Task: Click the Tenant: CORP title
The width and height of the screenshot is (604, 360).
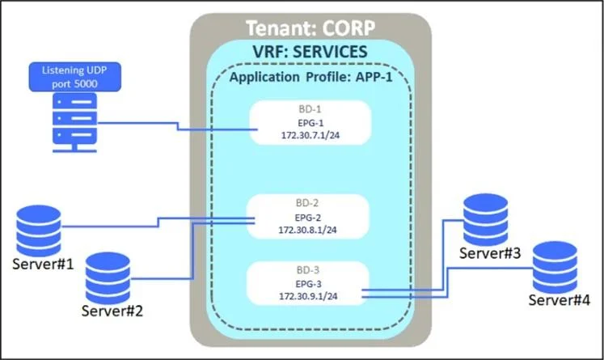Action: (x=310, y=28)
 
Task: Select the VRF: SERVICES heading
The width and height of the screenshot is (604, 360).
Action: (x=310, y=52)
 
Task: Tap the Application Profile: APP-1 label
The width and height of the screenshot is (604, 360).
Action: (x=310, y=77)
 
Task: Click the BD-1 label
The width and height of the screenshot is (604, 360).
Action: (x=310, y=109)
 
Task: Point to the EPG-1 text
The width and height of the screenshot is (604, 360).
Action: (x=310, y=123)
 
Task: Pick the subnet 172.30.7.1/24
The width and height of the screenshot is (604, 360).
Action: (x=310, y=135)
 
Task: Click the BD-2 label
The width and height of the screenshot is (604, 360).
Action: (x=307, y=203)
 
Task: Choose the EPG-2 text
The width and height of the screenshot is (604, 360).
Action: (x=308, y=218)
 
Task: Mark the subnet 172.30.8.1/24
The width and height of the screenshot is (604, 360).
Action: (x=308, y=230)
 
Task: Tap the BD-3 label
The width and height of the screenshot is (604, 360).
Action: (x=308, y=270)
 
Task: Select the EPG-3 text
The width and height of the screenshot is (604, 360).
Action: (x=308, y=284)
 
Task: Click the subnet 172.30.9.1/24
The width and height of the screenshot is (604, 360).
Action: (x=308, y=296)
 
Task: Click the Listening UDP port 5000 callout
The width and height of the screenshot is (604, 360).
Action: (x=74, y=77)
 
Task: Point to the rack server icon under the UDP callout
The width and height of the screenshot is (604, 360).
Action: (x=74, y=123)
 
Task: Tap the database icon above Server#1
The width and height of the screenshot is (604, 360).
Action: (x=39, y=231)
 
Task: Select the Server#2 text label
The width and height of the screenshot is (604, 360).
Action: (x=112, y=311)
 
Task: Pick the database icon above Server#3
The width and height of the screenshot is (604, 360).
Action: (x=485, y=219)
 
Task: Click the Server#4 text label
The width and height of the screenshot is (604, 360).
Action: (x=559, y=300)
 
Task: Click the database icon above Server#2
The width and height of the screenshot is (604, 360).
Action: (x=108, y=278)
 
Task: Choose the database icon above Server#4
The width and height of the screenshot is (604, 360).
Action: (x=555, y=267)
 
